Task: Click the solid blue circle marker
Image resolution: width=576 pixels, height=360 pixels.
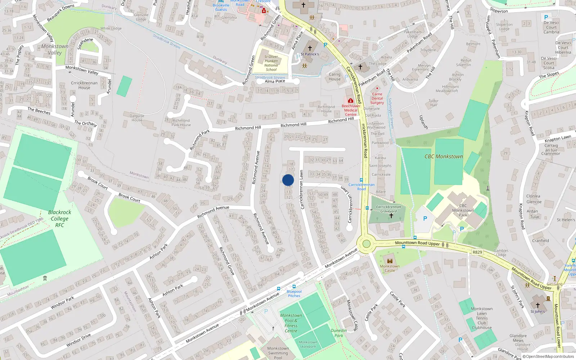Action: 288,180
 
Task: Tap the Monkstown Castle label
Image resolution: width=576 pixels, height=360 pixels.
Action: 390,269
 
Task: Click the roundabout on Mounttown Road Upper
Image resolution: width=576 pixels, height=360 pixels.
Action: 366,244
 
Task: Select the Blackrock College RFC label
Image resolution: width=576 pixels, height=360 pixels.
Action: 59,219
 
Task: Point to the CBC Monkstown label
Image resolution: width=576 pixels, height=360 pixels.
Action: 444,157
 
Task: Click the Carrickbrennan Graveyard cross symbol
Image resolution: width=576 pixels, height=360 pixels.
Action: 391,216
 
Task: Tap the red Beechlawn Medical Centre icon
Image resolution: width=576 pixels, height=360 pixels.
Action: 350,101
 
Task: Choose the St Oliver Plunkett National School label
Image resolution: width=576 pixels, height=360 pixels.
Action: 271,63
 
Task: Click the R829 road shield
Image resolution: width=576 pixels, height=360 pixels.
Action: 477,252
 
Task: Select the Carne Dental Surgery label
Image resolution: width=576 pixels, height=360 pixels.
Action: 377,98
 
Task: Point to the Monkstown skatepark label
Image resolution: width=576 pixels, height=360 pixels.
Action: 308,345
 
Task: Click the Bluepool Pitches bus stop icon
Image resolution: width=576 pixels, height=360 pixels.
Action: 294,287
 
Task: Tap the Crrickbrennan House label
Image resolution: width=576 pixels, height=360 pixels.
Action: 84,85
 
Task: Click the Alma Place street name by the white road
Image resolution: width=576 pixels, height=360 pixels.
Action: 275,81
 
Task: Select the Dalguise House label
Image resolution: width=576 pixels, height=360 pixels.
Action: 137,118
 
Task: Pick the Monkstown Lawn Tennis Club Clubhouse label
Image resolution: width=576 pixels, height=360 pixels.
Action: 482,318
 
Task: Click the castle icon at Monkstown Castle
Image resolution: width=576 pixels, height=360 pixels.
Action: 390,261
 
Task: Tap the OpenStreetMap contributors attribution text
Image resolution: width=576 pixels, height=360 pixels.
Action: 550,357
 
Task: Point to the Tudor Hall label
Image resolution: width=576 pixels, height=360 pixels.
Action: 433,103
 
